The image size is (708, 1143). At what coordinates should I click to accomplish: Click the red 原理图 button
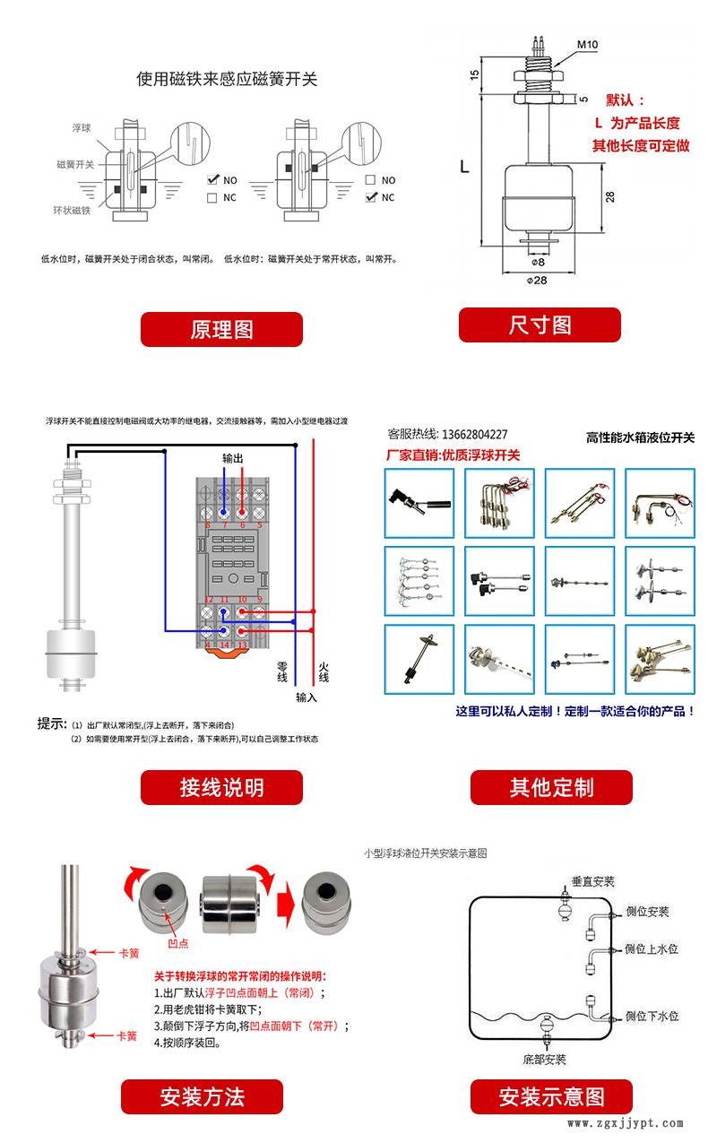(x=221, y=329)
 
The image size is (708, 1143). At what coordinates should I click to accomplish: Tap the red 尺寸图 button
(x=540, y=325)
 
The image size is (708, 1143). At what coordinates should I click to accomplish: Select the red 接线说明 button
(x=221, y=787)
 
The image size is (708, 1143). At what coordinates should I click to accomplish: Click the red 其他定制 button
(x=551, y=787)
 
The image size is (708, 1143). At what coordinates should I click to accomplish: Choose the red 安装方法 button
(x=202, y=1095)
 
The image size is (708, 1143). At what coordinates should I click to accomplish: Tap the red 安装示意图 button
(x=551, y=1095)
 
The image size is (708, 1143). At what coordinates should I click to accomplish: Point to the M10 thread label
(x=587, y=44)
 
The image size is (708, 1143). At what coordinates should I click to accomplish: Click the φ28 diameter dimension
(x=539, y=280)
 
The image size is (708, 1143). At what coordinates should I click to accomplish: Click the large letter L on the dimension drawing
(x=463, y=167)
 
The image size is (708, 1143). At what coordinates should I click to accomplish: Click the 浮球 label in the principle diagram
(x=82, y=129)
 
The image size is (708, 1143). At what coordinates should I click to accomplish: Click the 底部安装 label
(x=544, y=1060)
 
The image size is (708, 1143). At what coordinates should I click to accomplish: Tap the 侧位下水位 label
(x=652, y=1016)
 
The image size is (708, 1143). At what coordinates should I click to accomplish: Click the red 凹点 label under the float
(x=179, y=944)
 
